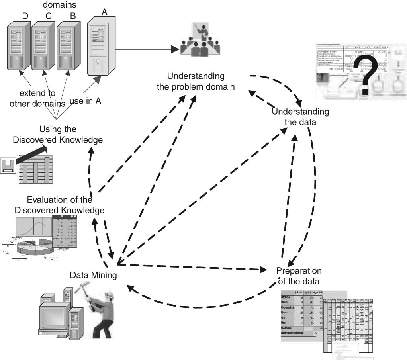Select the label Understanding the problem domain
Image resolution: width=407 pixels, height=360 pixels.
196,81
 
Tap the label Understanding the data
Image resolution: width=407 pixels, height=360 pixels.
300,117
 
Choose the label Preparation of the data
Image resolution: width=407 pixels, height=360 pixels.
299,276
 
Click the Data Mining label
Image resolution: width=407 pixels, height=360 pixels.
93,275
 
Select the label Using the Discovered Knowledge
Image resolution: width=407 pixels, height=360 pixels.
58,135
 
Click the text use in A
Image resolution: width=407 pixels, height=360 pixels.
85,101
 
